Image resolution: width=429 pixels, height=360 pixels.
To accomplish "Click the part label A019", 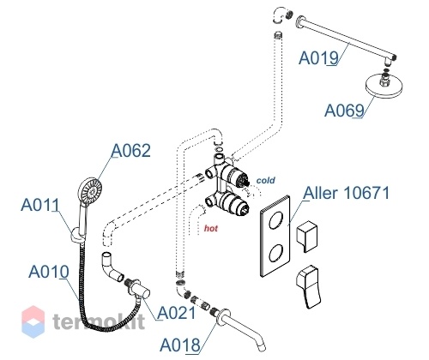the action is coord(318,57).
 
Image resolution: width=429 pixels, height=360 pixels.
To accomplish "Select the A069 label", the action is coord(344,111).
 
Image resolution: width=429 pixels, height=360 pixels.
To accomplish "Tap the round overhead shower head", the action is coord(384,86).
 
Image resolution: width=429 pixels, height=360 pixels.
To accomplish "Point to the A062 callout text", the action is coord(130,150).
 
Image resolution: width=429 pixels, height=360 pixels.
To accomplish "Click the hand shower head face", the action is coord(89,191).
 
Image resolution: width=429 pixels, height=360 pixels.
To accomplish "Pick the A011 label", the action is coord(40,205).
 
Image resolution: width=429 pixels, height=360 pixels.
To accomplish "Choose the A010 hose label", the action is coord(49,272).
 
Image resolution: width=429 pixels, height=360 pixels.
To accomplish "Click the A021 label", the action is coord(177,313).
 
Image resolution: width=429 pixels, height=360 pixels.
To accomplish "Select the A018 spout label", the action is coord(180,345).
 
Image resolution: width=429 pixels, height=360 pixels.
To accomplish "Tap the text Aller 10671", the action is coord(347,193).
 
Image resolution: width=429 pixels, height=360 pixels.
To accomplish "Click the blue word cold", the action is coord(265,180).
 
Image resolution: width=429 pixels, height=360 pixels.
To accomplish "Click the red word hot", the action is coord(211,228).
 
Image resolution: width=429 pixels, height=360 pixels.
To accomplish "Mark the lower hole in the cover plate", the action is coord(276,253).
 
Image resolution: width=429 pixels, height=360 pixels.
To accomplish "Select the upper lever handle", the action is coord(306,236).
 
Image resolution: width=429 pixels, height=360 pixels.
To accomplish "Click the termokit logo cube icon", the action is coord(33,321).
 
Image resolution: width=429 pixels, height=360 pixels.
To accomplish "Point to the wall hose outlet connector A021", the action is coord(138,289).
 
